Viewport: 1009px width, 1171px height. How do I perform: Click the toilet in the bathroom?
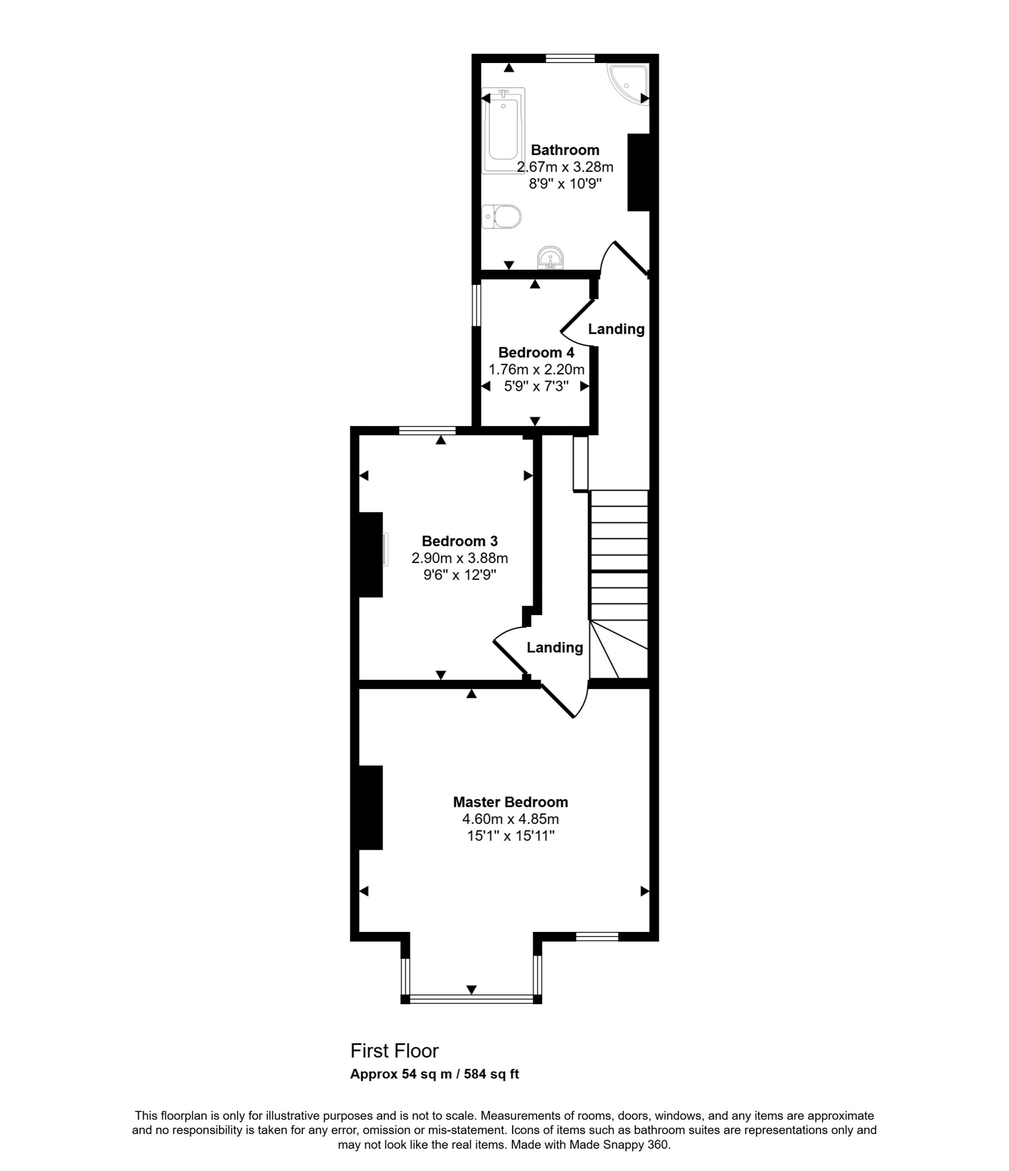[501, 216]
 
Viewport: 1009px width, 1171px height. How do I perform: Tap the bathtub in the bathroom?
[503, 130]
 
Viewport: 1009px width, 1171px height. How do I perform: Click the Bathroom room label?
[565, 150]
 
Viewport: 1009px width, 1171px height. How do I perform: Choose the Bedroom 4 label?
[536, 353]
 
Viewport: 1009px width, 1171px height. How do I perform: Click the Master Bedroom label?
[511, 802]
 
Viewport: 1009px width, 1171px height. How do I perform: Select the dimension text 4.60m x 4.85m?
[511, 819]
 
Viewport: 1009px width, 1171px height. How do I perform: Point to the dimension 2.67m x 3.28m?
[565, 167]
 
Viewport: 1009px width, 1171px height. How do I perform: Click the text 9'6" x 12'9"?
[460, 575]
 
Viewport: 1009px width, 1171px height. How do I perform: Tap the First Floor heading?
[395, 1050]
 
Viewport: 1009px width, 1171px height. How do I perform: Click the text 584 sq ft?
[491, 1074]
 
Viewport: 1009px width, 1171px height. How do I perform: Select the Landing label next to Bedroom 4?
[616, 329]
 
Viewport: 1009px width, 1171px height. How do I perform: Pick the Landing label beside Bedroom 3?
[554, 648]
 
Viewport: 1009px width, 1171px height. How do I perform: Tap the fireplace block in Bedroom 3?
[371, 554]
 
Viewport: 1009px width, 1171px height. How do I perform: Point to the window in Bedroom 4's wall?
[477, 305]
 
